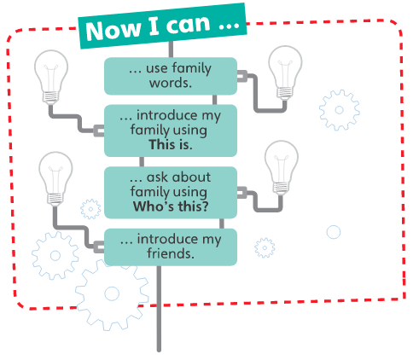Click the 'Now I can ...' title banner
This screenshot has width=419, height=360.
pyautogui.click(x=162, y=26)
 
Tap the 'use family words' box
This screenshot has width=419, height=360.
pyautogui.click(x=171, y=76)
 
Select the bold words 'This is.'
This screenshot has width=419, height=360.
pyautogui.click(x=171, y=144)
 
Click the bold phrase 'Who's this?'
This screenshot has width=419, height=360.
pyautogui.click(x=171, y=206)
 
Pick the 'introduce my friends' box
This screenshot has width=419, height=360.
pyautogui.click(x=171, y=247)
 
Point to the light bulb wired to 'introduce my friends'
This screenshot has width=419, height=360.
pyautogui.click(x=55, y=178)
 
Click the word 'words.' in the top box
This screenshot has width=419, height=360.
pyautogui.click(x=171, y=83)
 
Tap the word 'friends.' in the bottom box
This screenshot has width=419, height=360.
pyautogui.click(x=171, y=253)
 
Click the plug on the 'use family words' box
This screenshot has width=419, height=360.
pyautogui.click(x=242, y=76)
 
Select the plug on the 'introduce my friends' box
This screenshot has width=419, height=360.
pyautogui.click(x=99, y=247)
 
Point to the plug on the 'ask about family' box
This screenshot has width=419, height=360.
pyautogui.click(x=242, y=193)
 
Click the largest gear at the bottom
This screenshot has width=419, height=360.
pyautogui.click(x=112, y=294)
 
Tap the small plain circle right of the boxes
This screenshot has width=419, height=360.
pyautogui.click(x=334, y=232)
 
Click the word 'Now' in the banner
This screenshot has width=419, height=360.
pyautogui.click(x=113, y=30)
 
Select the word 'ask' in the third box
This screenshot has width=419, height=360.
pyautogui.click(x=157, y=177)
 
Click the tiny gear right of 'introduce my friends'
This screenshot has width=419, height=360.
pyautogui.click(x=265, y=247)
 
